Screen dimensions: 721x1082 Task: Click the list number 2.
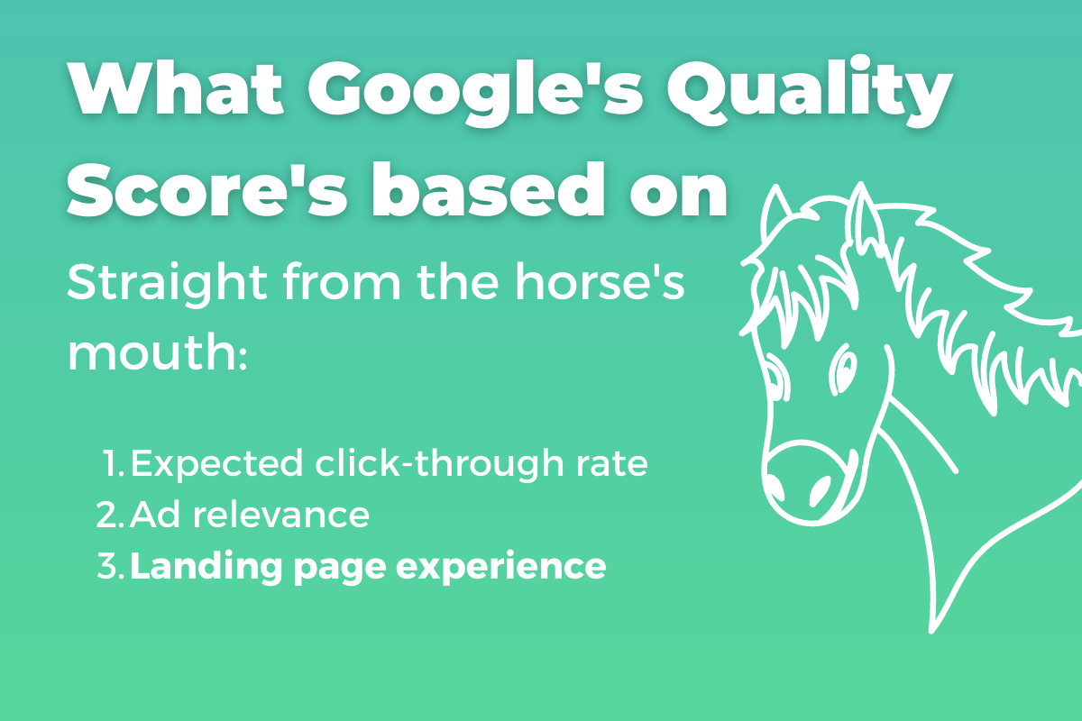[108, 516]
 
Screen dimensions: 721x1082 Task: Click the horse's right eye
[843, 367]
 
